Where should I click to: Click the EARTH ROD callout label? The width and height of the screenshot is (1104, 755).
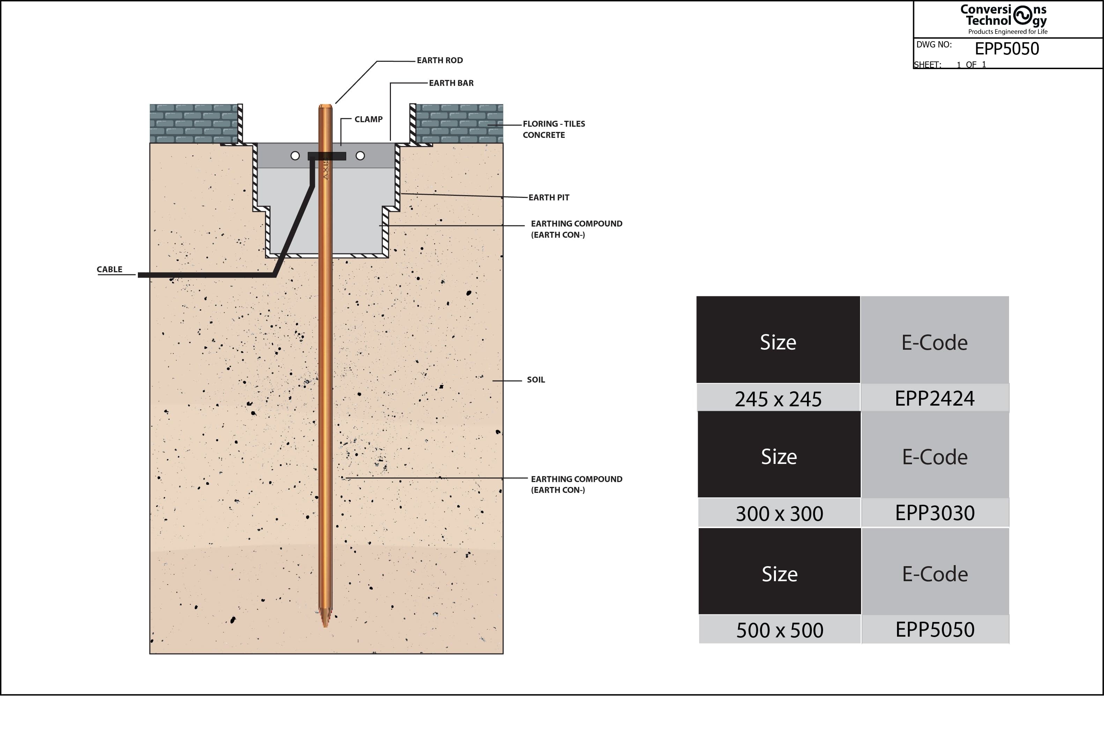[439, 60]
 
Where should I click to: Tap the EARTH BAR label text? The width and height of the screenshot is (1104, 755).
[451, 83]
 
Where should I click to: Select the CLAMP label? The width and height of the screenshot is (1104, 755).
[368, 119]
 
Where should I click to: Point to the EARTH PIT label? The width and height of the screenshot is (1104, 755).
[549, 198]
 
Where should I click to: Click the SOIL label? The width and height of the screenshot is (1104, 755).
[536, 380]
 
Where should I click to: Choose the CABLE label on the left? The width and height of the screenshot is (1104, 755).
[110, 269]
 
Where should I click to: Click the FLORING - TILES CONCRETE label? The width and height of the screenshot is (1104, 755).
[554, 129]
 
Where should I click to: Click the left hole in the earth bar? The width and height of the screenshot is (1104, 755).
[295, 156]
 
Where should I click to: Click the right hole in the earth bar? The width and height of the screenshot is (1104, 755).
[360, 156]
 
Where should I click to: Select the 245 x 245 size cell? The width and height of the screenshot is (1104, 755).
[778, 399]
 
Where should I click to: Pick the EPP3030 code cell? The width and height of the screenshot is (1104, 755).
[935, 513]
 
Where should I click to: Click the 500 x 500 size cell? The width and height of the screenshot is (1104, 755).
[779, 630]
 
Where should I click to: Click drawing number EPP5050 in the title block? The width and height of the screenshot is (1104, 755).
[1007, 49]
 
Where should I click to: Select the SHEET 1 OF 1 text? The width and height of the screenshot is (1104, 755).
[950, 65]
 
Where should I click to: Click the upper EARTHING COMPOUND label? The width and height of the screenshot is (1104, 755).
[576, 229]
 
